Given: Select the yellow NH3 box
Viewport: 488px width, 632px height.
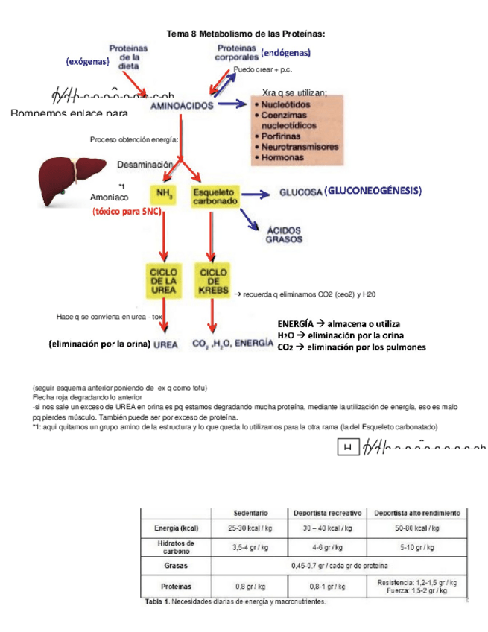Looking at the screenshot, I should click(x=162, y=195).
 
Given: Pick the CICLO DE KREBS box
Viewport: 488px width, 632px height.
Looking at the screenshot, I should click(x=214, y=282).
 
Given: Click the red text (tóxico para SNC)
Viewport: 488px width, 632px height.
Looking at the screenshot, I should click(x=127, y=212).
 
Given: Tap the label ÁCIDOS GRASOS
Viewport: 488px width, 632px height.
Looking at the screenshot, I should click(x=279, y=236).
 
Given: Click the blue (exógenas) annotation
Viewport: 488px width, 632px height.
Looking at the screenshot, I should click(x=88, y=61).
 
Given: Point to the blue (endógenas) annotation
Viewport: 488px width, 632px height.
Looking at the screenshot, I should click(x=286, y=53).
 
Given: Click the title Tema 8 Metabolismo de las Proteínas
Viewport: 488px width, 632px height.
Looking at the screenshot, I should click(x=244, y=34).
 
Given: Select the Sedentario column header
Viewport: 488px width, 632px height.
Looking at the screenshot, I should click(x=251, y=513).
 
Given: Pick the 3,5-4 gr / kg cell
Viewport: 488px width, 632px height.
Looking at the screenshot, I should click(x=251, y=546).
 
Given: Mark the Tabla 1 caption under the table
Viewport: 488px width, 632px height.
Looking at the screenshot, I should click(x=235, y=601).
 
